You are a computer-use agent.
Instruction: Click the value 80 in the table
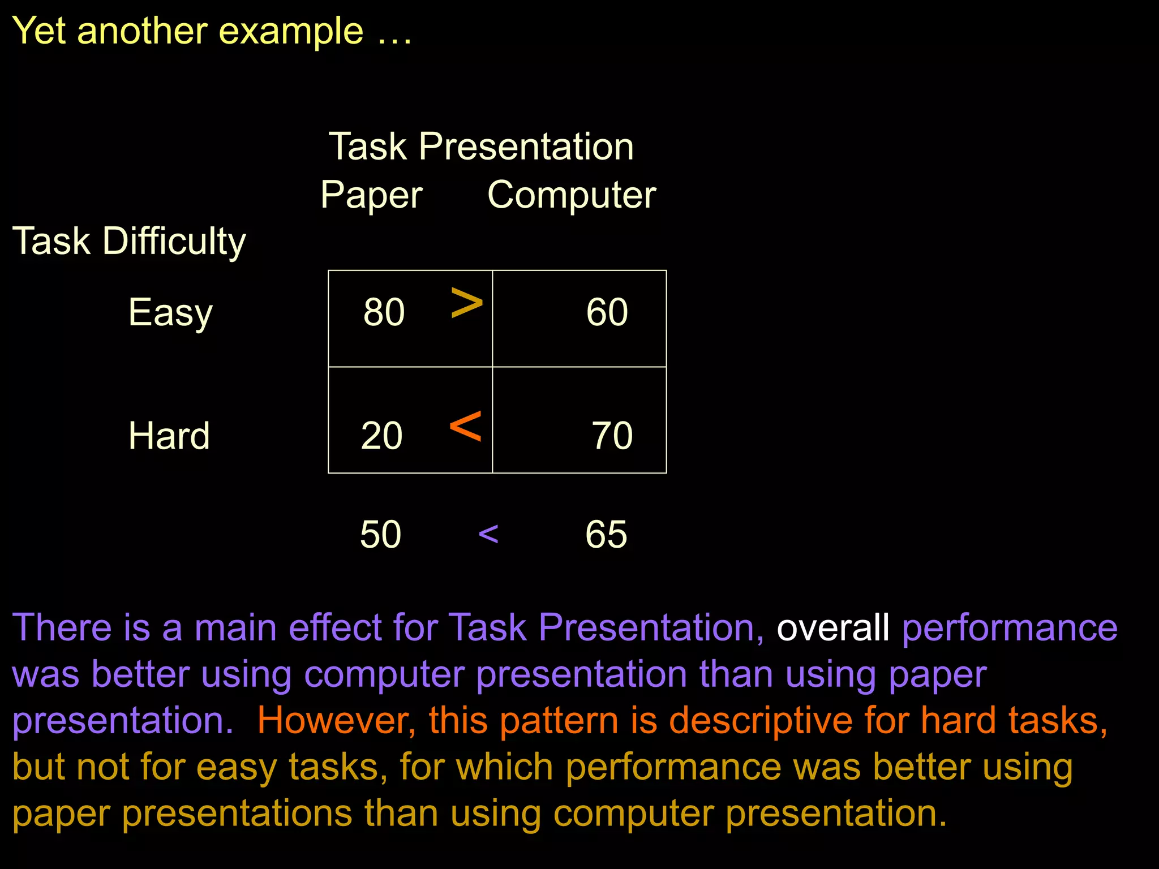[384, 312]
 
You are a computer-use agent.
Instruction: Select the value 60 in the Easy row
[607, 312]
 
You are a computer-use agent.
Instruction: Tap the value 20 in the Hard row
[381, 436]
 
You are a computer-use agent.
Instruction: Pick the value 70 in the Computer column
[612, 436]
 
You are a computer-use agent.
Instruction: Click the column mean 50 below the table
[380, 534]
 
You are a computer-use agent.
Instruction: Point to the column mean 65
[606, 534]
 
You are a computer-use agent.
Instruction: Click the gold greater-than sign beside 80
[467, 303]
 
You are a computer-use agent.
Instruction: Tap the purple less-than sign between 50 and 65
[488, 534]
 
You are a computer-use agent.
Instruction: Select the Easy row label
[170, 313]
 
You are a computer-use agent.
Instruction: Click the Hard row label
[169, 436]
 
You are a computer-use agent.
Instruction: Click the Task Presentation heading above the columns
[481, 147]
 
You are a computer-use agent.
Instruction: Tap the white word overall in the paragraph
[832, 627]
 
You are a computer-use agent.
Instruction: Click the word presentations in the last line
[237, 814]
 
